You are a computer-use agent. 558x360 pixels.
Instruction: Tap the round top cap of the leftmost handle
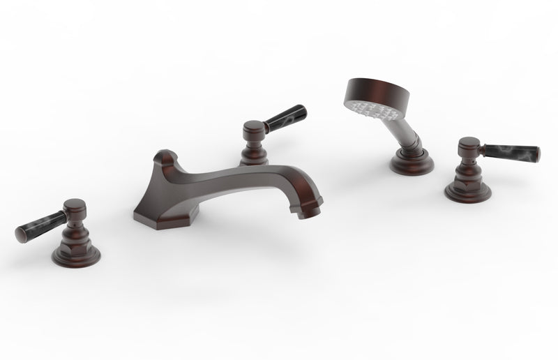point(75,207)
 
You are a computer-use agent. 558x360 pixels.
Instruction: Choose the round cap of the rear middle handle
point(252,128)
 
